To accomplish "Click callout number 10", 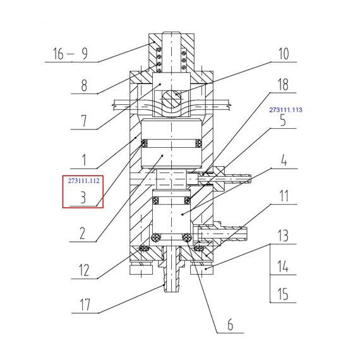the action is pyautogui.click(x=284, y=54).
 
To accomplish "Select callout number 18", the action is pyautogui.click(x=283, y=85).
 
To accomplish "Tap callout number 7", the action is pyautogui.click(x=84, y=121).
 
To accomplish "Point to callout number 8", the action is pyautogui.click(x=84, y=85).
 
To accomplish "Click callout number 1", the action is pyautogui.click(x=84, y=160).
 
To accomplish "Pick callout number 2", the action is pyautogui.click(x=82, y=233).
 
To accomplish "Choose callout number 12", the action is pyautogui.click(x=83, y=270).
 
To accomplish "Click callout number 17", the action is pyautogui.click(x=85, y=304).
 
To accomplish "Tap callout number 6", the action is pyautogui.click(x=231, y=324).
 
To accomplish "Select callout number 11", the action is pyautogui.click(x=284, y=196).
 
